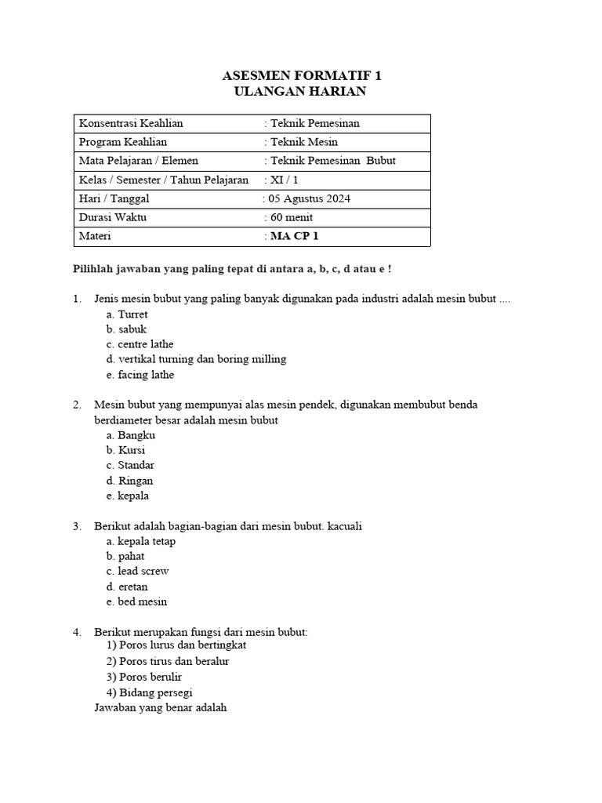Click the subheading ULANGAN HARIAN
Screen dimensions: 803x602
tap(300, 92)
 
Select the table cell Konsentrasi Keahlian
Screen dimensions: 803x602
tap(131, 123)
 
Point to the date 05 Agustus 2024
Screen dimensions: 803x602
tap(309, 198)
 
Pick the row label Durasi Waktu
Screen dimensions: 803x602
tap(113, 217)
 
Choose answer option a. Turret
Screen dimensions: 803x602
tap(127, 314)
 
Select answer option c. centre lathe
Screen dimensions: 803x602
tap(140, 344)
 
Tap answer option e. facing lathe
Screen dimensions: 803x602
tap(140, 375)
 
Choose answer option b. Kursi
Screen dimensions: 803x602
tap(125, 450)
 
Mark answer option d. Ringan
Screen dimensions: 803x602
tap(129, 481)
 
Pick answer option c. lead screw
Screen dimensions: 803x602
tap(137, 571)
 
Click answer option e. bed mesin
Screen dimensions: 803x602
tap(136, 601)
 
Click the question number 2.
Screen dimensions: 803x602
tap(77, 405)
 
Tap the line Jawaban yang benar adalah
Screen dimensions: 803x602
tap(160, 707)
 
